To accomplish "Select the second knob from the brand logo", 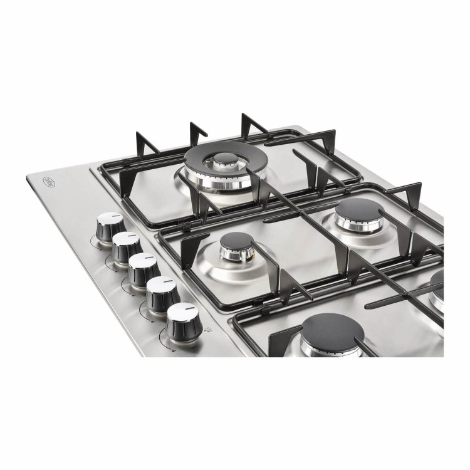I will pos(126,245).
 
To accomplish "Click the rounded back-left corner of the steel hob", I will pos(32,177).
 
